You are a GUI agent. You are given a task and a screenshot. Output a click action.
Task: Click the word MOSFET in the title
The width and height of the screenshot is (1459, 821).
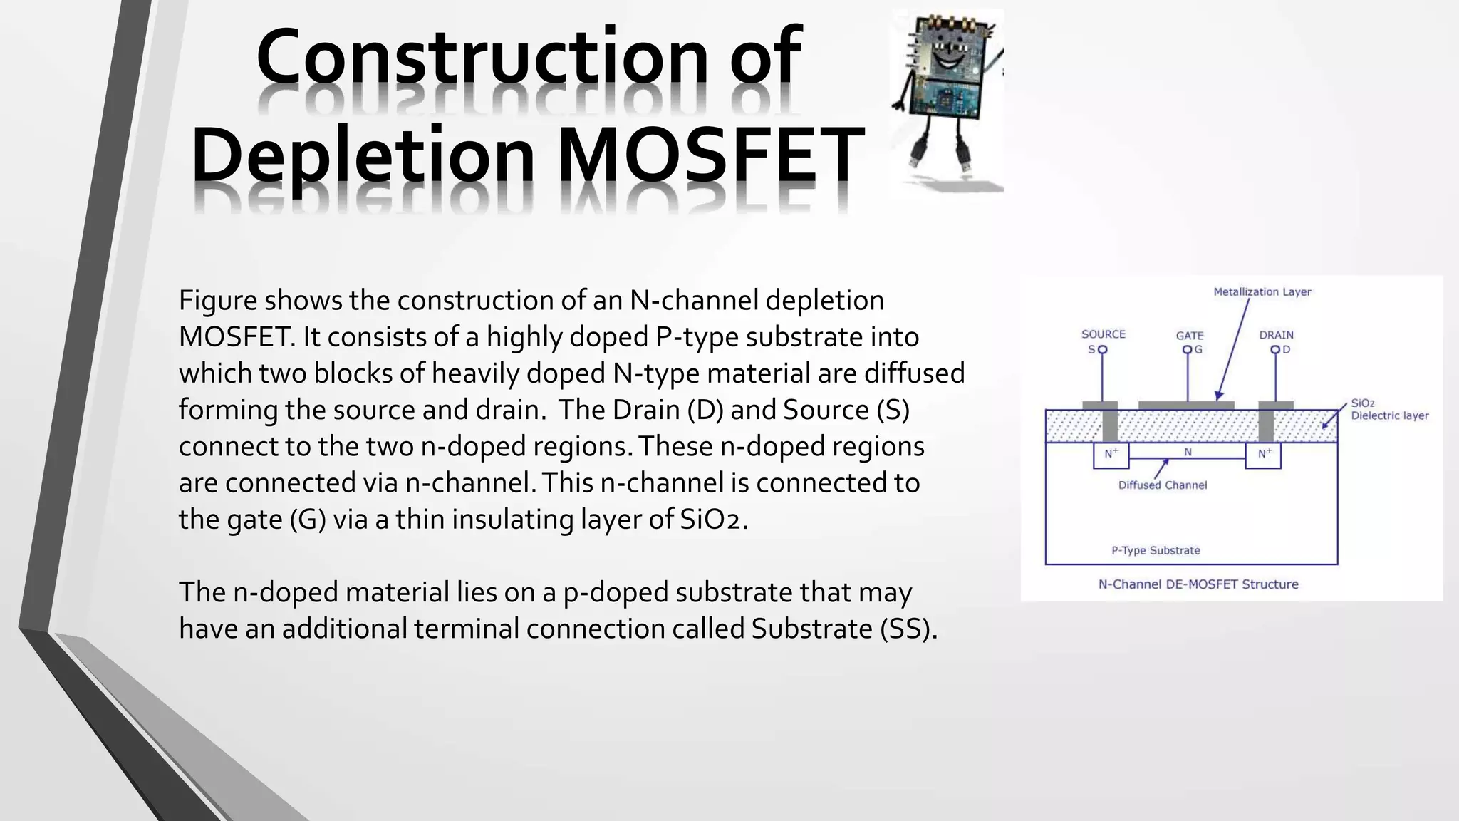[710, 154]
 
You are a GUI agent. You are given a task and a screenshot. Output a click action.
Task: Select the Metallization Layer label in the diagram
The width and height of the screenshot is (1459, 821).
[1262, 291]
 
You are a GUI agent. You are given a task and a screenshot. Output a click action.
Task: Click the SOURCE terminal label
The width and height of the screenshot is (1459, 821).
[1103, 334]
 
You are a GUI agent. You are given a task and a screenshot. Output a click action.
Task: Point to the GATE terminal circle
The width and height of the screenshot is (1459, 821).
[1187, 350]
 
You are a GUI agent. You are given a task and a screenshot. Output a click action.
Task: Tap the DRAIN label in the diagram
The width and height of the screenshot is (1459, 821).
[1276, 334]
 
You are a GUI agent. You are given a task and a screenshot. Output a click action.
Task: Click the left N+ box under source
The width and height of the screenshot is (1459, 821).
[1111, 455]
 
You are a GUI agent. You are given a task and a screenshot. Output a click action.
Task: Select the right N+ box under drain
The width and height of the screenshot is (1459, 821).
[1263, 455]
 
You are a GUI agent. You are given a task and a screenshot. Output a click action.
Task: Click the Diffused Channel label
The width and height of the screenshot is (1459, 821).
[1162, 485]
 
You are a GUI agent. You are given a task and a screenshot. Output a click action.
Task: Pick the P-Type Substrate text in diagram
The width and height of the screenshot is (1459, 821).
[1156, 550]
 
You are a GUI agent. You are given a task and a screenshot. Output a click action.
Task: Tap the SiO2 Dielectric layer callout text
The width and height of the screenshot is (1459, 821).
[1388, 409]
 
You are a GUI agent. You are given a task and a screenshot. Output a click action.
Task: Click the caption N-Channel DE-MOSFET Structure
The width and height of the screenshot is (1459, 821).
[1198, 584]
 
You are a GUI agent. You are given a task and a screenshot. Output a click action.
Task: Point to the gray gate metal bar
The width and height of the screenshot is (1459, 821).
[1185, 406]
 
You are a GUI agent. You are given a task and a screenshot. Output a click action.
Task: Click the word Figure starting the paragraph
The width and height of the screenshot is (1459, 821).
[217, 301]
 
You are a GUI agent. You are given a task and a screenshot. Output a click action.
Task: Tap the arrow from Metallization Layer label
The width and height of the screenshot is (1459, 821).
[1232, 349]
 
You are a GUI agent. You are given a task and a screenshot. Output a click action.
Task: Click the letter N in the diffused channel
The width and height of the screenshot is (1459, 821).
[1188, 452]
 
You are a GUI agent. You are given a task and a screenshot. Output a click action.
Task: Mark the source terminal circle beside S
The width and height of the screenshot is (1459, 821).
[1102, 350]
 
